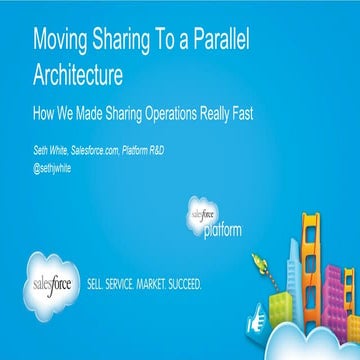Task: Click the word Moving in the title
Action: tap(62, 43)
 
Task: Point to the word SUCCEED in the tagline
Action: tap(189, 283)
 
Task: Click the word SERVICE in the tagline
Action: tap(125, 283)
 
